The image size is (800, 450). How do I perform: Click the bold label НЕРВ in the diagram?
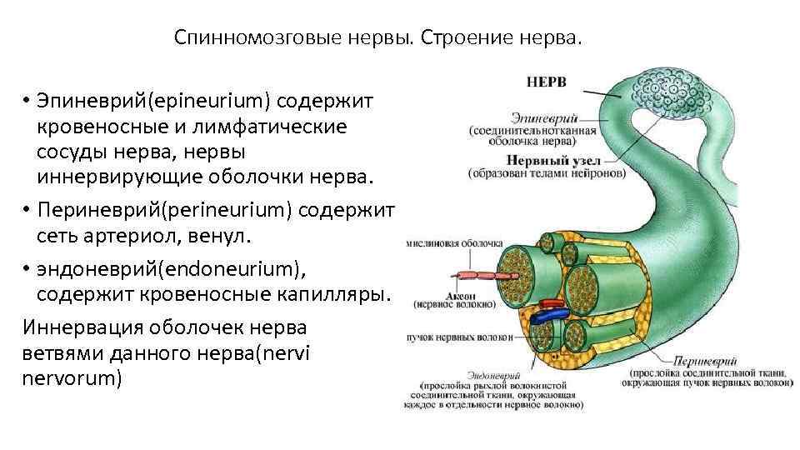coord(547,82)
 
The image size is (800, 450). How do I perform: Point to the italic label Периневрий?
coord(704,362)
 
